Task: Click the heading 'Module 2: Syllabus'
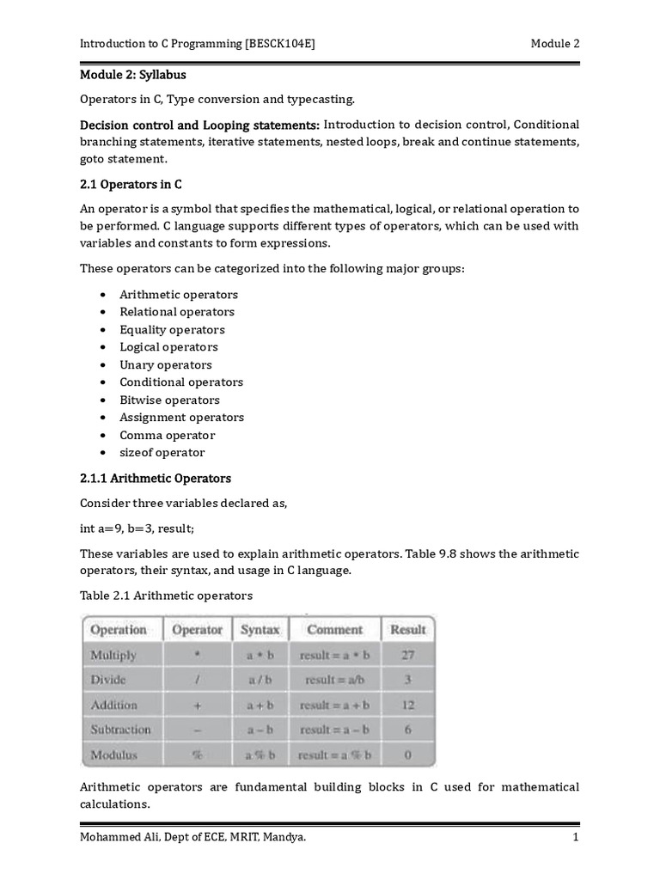tap(132, 75)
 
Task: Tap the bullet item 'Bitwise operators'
tap(169, 400)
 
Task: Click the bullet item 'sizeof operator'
tap(162, 452)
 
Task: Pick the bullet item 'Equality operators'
tap(172, 329)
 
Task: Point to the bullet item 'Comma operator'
tap(167, 435)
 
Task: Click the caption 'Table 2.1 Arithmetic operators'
tap(166, 595)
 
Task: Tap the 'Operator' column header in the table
tap(198, 630)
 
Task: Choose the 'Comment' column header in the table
tap(334, 630)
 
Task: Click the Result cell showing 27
tap(407, 655)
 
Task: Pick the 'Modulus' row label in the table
tap(113, 755)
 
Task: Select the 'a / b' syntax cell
tap(260, 680)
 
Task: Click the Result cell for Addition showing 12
tap(407, 705)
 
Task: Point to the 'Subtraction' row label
tap(120, 730)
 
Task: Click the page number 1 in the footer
tap(575, 836)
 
